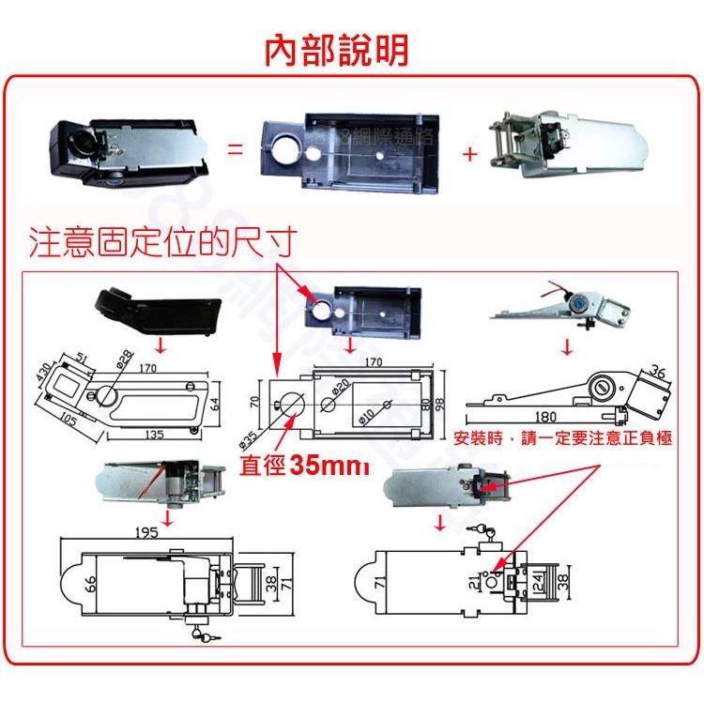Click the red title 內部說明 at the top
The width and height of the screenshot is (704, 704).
tap(336, 50)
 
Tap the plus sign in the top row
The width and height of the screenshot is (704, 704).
tap(469, 153)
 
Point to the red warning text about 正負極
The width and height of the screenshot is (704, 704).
tap(561, 439)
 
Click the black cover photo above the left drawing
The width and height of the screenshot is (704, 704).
tap(157, 310)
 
